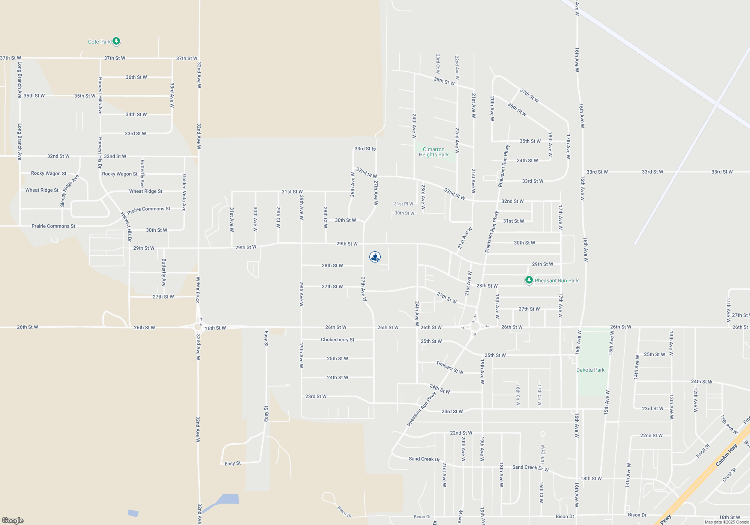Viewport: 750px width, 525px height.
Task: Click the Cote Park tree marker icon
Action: [x=116, y=41]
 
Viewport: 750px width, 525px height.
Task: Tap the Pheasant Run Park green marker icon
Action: [x=529, y=280]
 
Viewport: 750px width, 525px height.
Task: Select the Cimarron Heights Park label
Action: [x=433, y=152]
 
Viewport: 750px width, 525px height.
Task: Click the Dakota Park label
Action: [x=590, y=370]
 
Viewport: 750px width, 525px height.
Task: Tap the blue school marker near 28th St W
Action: [x=375, y=256]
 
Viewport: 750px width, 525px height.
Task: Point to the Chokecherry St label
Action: [x=337, y=340]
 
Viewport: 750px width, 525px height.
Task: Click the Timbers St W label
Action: [x=450, y=367]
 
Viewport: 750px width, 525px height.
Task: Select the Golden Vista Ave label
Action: [x=184, y=193]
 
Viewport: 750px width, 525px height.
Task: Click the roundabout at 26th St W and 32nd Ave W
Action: [x=198, y=327]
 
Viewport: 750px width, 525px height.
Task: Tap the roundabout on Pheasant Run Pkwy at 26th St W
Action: [x=475, y=327]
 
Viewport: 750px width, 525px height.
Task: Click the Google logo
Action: [x=13, y=520]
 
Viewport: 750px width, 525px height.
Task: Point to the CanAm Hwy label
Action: [x=726, y=455]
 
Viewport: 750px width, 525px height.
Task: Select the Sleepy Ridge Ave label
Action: [x=69, y=190]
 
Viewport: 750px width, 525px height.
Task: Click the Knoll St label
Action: [x=703, y=451]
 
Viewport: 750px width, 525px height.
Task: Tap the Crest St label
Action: [x=729, y=475]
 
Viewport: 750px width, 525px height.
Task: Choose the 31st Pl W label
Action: [x=403, y=204]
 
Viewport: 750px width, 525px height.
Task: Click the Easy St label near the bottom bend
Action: [x=232, y=463]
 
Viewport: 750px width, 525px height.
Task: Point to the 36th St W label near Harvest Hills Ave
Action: [x=136, y=77]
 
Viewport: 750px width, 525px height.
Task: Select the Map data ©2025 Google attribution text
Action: [x=727, y=522]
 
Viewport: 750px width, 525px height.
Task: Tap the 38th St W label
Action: [x=444, y=81]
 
